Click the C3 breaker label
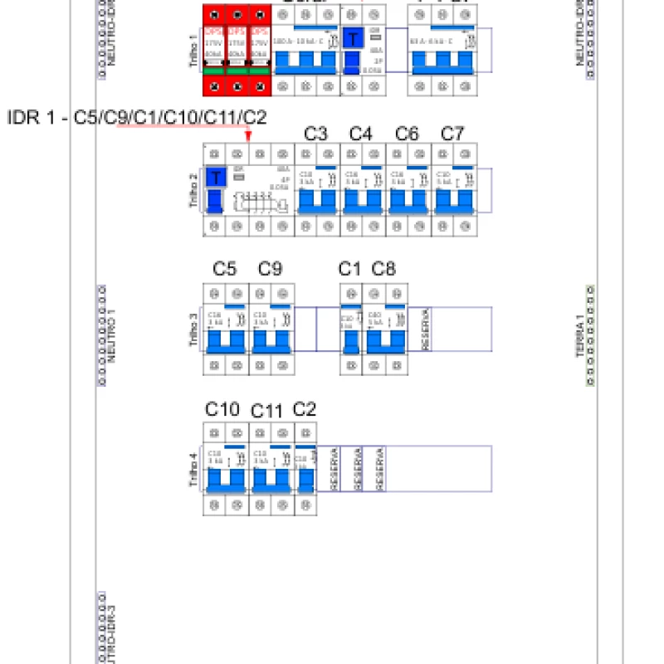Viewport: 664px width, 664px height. pyautogui.click(x=315, y=134)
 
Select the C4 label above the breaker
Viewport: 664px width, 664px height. pyautogui.click(x=361, y=134)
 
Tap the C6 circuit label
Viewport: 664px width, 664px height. pyautogui.click(x=407, y=134)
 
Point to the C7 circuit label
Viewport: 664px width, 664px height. pyautogui.click(x=452, y=134)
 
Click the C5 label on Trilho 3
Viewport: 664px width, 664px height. pyautogui.click(x=225, y=269)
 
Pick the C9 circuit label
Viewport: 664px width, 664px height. pyautogui.click(x=271, y=269)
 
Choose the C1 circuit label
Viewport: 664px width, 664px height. pyautogui.click(x=349, y=269)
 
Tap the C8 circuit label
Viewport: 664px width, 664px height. pyautogui.click(x=383, y=269)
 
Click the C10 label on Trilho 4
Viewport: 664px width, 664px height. pyautogui.click(x=222, y=409)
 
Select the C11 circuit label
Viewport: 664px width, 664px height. pyautogui.click(x=267, y=411)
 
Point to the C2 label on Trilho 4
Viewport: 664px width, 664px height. pyautogui.click(x=305, y=409)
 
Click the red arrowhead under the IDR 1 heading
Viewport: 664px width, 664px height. pyautogui.click(x=248, y=136)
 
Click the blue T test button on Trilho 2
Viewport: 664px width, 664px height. pyautogui.click(x=216, y=178)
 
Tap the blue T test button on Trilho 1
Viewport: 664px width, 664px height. pyautogui.click(x=353, y=38)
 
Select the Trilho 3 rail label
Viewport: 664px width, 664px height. pyautogui.click(x=193, y=330)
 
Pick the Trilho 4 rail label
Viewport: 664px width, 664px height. pyautogui.click(x=193, y=469)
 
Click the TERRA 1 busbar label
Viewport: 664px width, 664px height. pyautogui.click(x=580, y=336)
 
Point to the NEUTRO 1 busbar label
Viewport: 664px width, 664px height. pyautogui.click(x=111, y=336)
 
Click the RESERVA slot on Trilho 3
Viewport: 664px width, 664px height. pyautogui.click(x=426, y=330)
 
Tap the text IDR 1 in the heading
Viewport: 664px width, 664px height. pyautogui.click(x=33, y=118)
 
